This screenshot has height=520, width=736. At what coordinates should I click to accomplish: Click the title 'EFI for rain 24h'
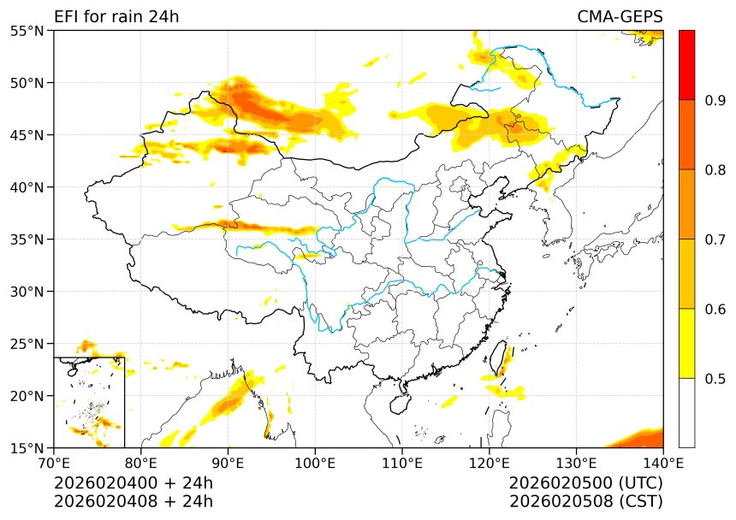[x=116, y=17]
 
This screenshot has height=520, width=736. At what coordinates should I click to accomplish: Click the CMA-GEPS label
[x=620, y=17]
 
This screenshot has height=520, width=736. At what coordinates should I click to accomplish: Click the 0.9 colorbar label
[x=715, y=101]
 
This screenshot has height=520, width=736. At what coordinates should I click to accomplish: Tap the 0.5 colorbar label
[x=715, y=379]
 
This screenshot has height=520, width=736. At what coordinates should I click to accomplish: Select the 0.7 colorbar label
[x=715, y=239]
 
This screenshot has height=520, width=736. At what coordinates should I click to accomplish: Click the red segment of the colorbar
[x=686, y=65]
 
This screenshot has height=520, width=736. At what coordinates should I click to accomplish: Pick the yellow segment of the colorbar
[x=686, y=343]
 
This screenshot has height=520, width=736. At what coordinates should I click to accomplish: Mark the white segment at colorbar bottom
[x=686, y=412]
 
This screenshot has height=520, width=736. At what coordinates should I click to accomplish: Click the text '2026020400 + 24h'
[x=134, y=483]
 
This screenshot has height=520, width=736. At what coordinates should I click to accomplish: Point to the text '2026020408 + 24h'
[x=134, y=501]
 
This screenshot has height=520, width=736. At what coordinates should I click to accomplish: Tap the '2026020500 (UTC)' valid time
[x=585, y=483]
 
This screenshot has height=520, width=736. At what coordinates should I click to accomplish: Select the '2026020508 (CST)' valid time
[x=585, y=501]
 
